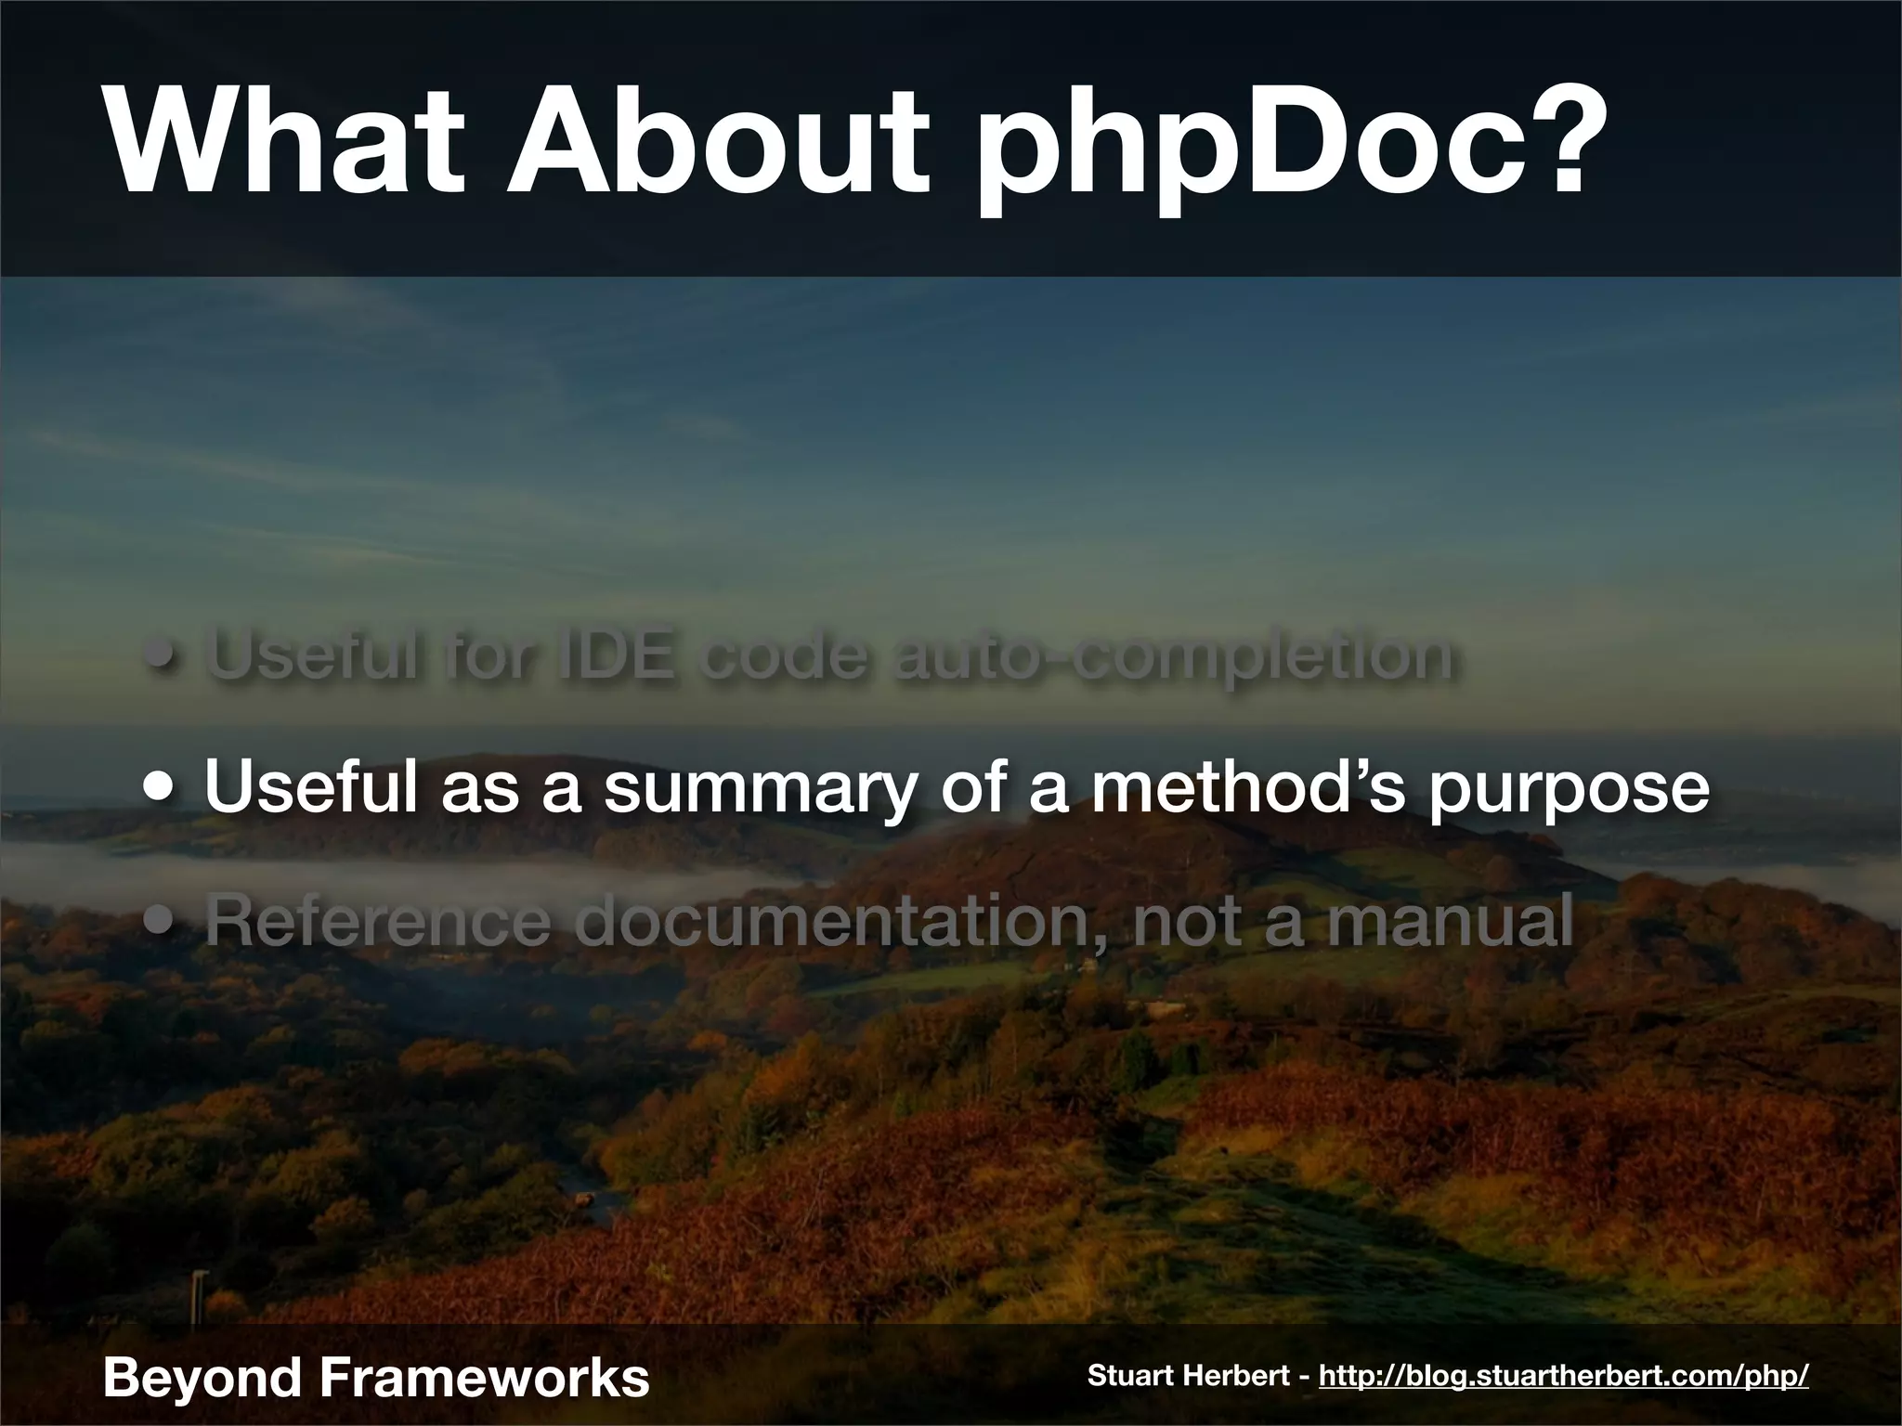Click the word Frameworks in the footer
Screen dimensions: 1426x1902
click(x=484, y=1376)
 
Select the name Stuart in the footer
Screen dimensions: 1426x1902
click(x=1128, y=1375)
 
